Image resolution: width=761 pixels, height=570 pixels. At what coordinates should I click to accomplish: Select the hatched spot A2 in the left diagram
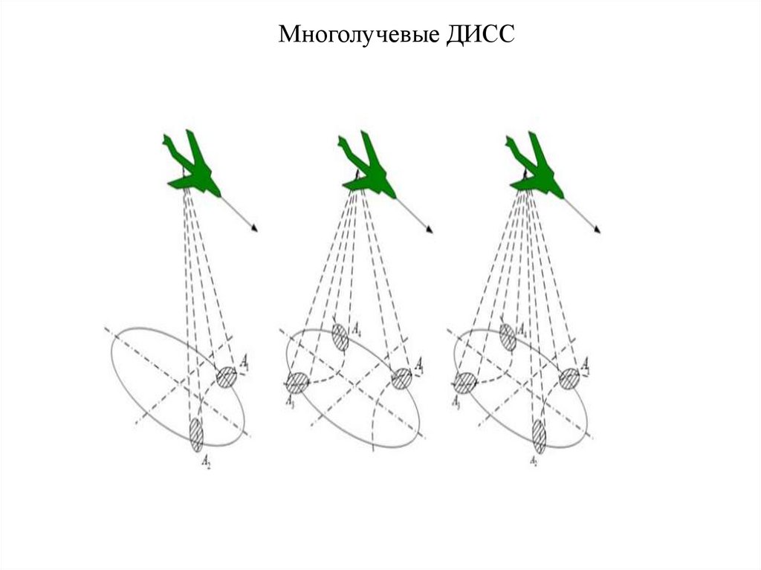[196, 435]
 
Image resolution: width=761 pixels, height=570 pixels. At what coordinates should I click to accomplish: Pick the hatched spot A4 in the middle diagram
[340, 337]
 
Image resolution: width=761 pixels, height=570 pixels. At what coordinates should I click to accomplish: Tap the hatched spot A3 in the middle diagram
[297, 383]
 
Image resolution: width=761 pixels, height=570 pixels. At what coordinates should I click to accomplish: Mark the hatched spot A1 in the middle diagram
[401, 378]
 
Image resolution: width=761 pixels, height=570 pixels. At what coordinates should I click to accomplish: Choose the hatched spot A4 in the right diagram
[508, 337]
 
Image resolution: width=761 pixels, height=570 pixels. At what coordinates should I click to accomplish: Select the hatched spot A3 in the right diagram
[465, 383]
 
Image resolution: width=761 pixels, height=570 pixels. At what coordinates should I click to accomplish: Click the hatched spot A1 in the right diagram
[569, 378]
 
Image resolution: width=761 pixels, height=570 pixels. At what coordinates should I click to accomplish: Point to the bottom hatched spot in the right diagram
[538, 435]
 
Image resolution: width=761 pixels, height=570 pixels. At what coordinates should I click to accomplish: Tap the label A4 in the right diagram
[522, 328]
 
